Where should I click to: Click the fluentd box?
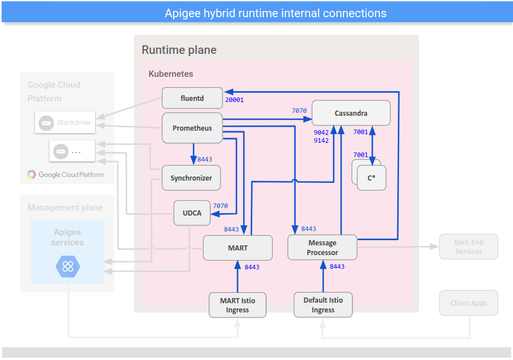tap(191, 98)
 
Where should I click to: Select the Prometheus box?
tap(192, 128)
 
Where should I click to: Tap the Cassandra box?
tap(351, 113)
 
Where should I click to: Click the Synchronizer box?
tap(191, 178)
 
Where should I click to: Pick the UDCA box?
tap(192, 213)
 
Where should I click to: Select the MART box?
tap(237, 248)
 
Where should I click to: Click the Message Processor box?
tap(322, 248)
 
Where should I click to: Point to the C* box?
tap(371, 178)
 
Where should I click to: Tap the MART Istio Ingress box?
tap(237, 305)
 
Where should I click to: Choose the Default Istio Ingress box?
tap(323, 305)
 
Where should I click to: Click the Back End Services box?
tap(468, 247)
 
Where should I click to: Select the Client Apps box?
tap(468, 303)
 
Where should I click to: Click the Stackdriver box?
tap(64, 123)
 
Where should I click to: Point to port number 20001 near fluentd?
tap(234, 100)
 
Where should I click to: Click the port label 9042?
tap(321, 132)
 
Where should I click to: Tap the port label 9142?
tap(321, 140)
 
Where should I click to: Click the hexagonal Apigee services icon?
tap(68, 267)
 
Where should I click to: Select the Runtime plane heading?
tap(179, 50)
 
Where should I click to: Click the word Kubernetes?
tap(171, 74)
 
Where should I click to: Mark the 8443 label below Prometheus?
tap(205, 159)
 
